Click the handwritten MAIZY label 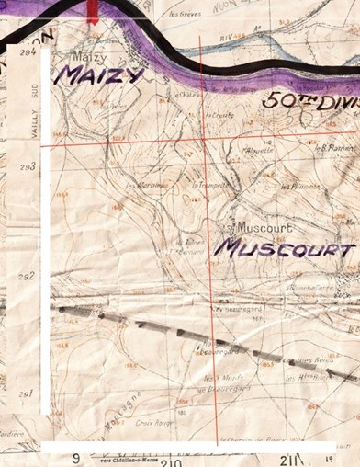98,74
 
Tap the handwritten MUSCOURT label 285,248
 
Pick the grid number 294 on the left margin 28,53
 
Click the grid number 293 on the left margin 28,167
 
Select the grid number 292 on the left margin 28,276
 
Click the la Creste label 220,116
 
